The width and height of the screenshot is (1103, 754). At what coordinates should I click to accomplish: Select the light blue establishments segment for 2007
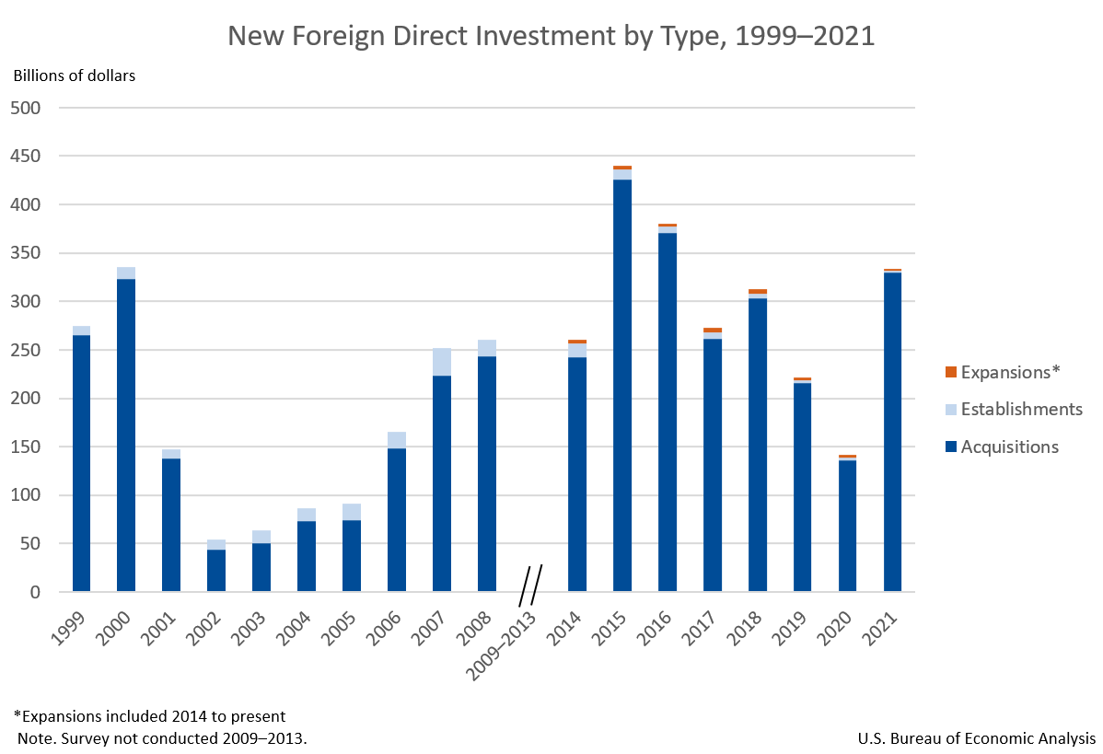(x=442, y=362)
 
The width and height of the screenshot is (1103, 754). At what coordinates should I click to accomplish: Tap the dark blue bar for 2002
(x=216, y=570)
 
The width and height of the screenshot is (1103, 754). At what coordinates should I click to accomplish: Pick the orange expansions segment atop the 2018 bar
(x=758, y=291)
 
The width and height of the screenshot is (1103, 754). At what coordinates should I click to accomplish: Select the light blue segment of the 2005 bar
(x=352, y=512)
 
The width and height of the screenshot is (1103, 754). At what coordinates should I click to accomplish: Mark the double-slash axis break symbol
(x=530, y=585)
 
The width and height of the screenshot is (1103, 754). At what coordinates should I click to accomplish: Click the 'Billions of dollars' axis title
(x=74, y=75)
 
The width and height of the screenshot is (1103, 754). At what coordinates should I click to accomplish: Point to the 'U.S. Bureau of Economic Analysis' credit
(x=976, y=738)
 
